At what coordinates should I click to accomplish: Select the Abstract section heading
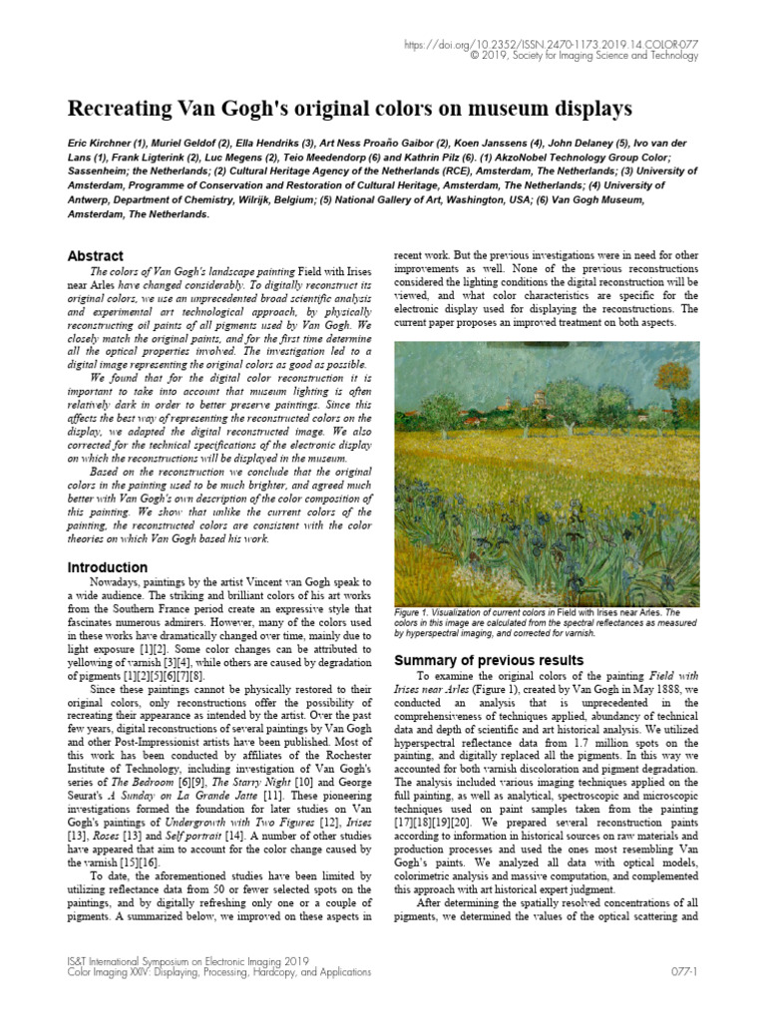[95, 256]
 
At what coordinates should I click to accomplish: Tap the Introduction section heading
[108, 567]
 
